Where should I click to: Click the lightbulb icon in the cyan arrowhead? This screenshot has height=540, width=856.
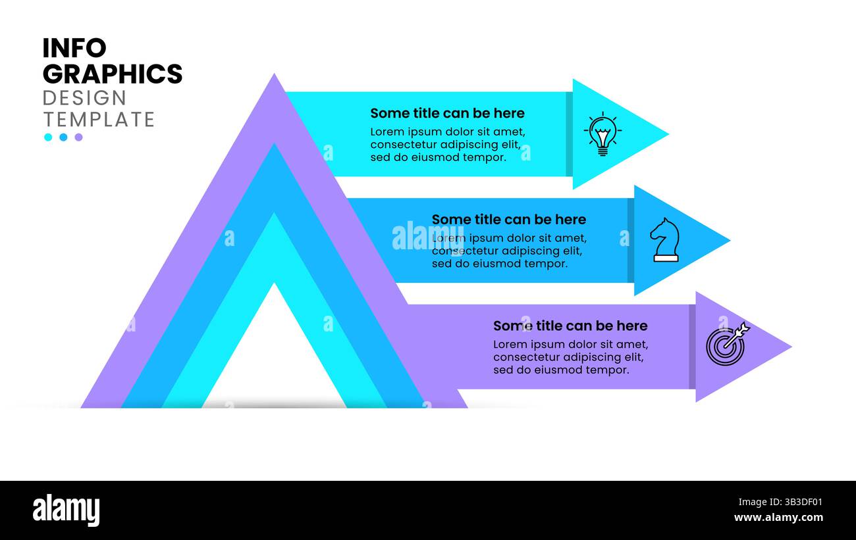tap(602, 135)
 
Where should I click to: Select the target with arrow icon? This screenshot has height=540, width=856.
tap(727, 344)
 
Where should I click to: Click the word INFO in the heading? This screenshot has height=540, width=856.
tap(74, 48)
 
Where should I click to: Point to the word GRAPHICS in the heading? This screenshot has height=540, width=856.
tap(112, 74)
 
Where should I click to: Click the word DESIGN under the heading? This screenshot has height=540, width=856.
tap(84, 98)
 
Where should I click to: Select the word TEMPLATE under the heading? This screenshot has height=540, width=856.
tap(99, 119)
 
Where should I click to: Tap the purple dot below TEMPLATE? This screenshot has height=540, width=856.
tap(78, 137)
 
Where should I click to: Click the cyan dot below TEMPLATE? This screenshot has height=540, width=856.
tap(48, 137)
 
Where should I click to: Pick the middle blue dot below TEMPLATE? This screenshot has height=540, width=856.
tap(63, 137)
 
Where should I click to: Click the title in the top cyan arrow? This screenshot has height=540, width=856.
tap(447, 113)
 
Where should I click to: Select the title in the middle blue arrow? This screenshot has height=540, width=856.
tap(508, 220)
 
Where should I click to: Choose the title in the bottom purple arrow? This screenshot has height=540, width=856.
tap(570, 326)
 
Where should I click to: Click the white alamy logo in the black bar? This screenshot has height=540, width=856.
tap(66, 511)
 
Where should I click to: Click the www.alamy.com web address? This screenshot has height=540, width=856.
tap(778, 518)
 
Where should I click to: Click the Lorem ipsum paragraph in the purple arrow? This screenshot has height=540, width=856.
tap(570, 357)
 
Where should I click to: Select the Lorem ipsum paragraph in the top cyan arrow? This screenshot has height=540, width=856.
tap(447, 145)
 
